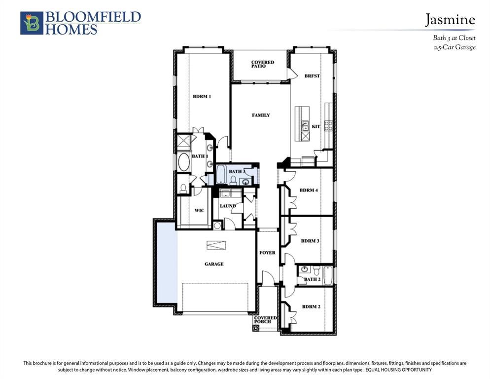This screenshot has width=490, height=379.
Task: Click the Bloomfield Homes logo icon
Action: coord(32,23)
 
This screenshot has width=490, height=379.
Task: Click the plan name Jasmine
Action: coord(450,20)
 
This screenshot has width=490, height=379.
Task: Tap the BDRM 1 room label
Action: coord(202,96)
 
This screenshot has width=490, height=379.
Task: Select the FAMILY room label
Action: coord(261,115)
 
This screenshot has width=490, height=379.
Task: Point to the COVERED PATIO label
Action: coord(262,64)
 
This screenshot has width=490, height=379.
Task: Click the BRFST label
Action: coord(312,76)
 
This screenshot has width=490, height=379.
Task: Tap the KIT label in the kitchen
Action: coord(316,126)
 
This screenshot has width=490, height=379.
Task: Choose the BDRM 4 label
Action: coord(309,190)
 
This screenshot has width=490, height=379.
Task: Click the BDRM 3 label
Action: coord(310,241)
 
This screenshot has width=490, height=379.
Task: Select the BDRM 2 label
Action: coord(311,307)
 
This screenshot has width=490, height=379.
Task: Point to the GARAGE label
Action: coord(214,264)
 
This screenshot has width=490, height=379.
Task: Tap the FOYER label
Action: coord(268,253)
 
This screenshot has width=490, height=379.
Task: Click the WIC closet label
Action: coord(199,210)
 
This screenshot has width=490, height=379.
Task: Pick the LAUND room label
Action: coord(228,206)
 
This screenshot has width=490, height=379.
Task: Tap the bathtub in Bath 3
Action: coord(221,175)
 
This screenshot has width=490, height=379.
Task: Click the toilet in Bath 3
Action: coord(233,180)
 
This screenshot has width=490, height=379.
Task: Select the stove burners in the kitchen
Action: coord(328,126)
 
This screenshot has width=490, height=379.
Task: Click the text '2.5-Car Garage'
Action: coord(455,47)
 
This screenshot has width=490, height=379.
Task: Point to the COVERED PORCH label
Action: coord(265,320)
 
